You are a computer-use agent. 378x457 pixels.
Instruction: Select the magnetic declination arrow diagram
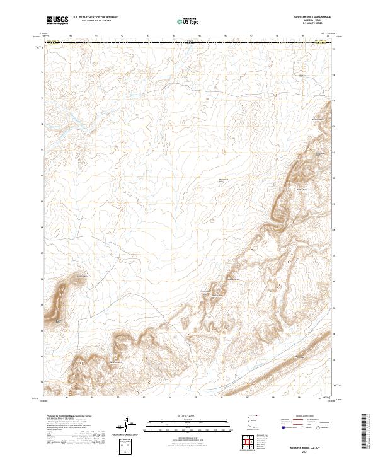pos(128,426)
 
